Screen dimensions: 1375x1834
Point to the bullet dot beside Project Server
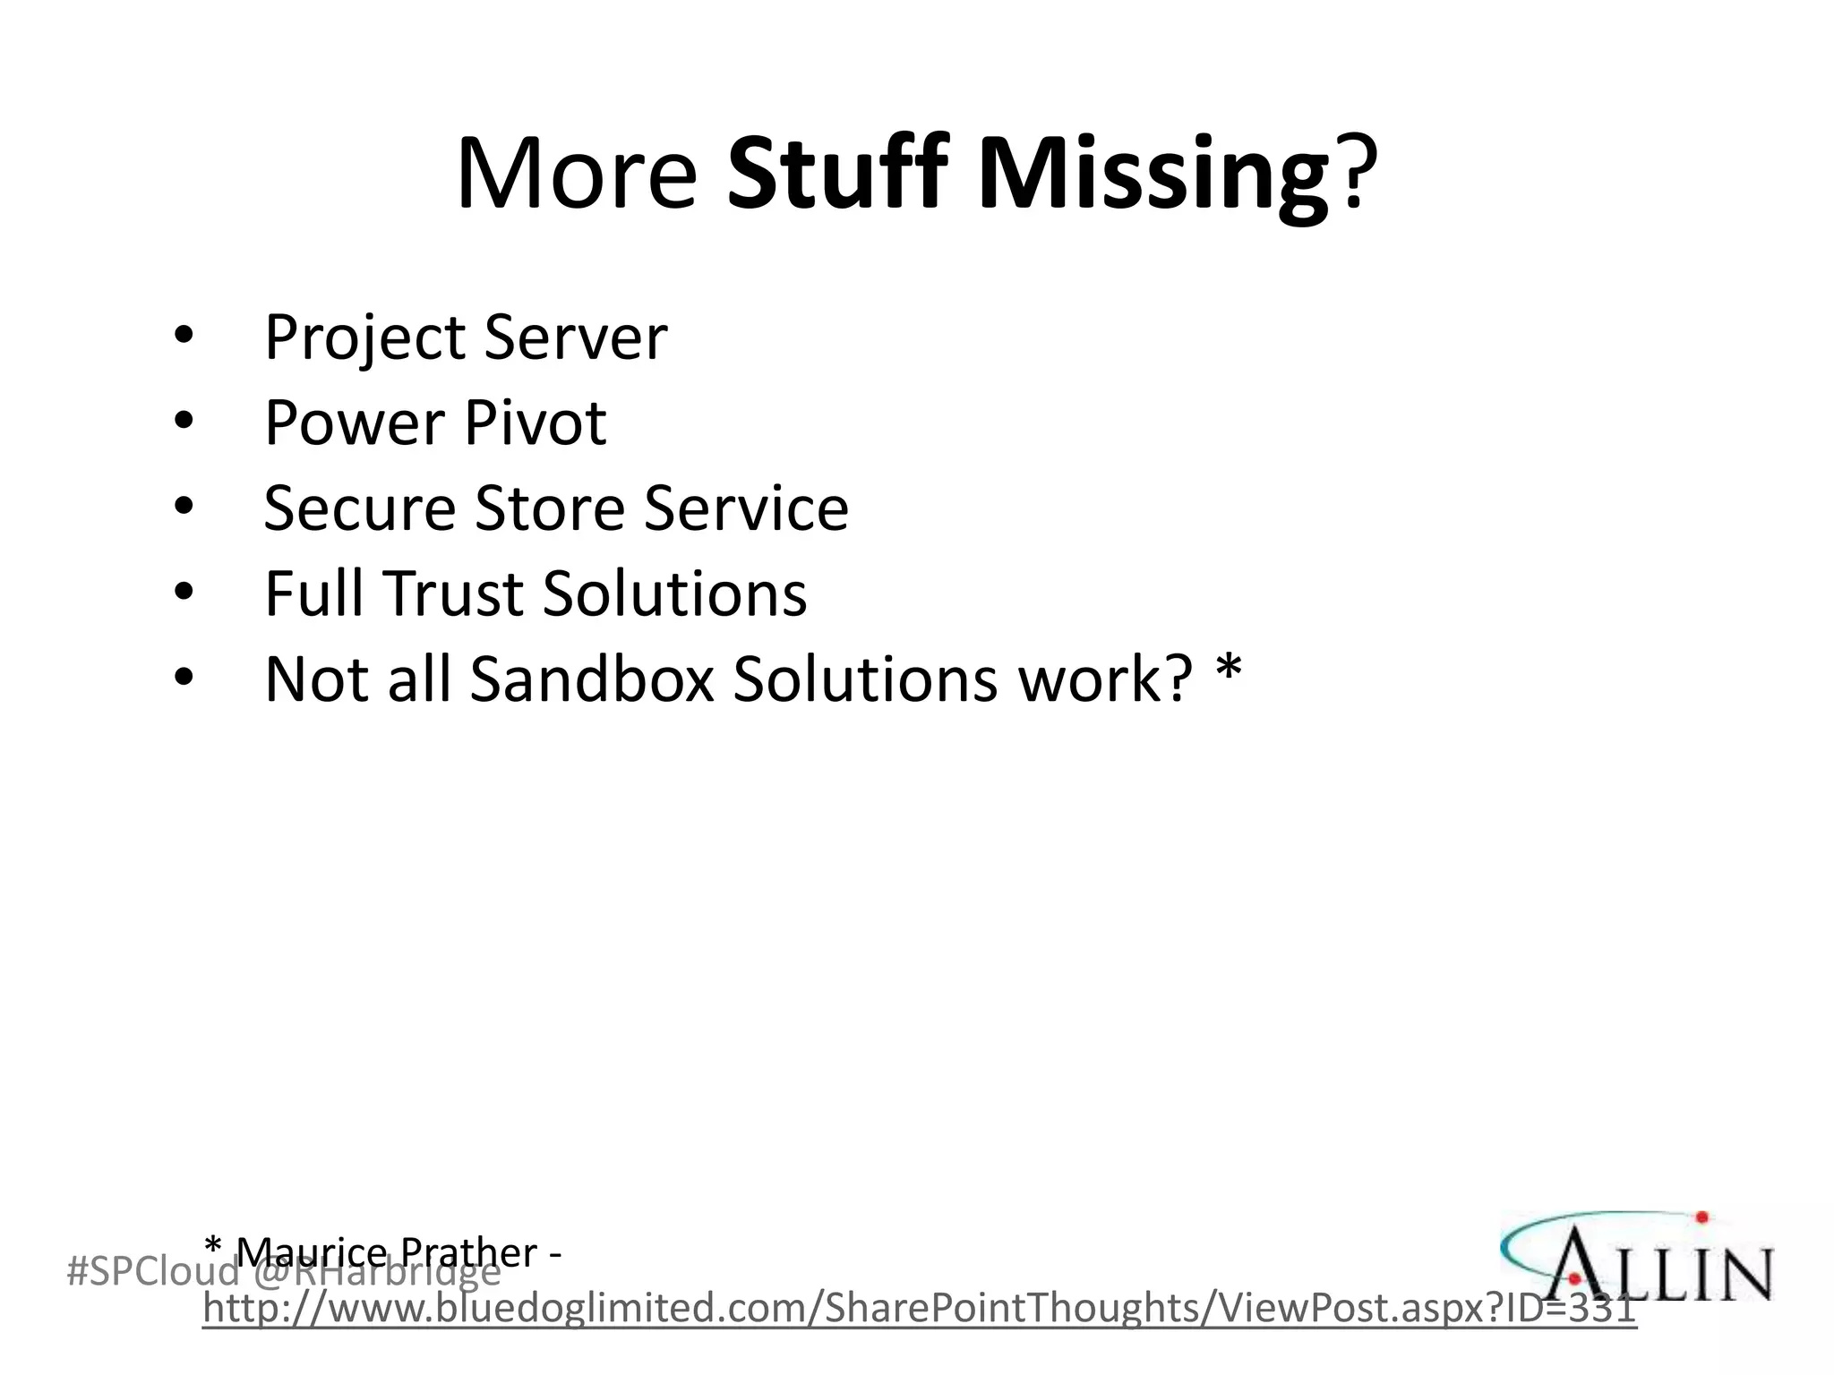pyautogui.click(x=184, y=335)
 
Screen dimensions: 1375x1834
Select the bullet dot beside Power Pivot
pyautogui.click(x=184, y=421)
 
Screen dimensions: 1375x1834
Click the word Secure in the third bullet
pyautogui.click(x=359, y=508)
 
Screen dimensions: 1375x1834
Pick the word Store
pyautogui.click(x=549, y=508)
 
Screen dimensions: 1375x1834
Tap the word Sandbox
pyautogui.click(x=592, y=679)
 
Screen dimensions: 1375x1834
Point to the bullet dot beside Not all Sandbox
pyautogui.click(x=184, y=678)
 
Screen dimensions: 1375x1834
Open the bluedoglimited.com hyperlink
pyautogui.click(x=919, y=1309)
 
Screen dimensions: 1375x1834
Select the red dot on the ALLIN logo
pyautogui.click(x=1701, y=1217)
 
